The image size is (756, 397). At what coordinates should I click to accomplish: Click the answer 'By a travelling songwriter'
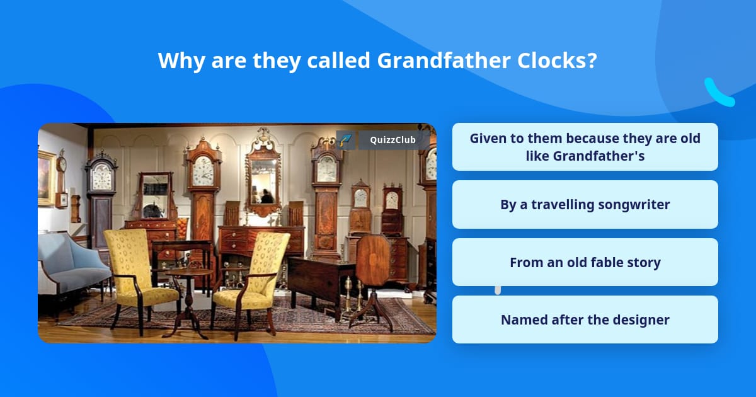[x=585, y=205]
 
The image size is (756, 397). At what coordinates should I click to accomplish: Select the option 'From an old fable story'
[x=585, y=262]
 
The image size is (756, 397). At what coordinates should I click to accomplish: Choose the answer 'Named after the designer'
[x=585, y=319]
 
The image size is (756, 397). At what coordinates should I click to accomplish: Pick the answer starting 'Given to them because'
[x=585, y=147]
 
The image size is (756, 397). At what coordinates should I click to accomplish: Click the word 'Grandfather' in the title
[x=444, y=60]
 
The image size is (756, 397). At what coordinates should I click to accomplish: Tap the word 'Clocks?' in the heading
[x=557, y=60]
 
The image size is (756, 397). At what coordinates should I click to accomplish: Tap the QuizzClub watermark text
[x=392, y=140]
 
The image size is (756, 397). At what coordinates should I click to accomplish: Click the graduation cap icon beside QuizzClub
[x=345, y=140]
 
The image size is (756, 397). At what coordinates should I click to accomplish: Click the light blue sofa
[x=71, y=267]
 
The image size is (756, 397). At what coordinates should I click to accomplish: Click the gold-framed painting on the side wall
[x=47, y=178]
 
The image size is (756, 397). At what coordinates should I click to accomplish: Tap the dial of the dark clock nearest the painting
[x=102, y=176]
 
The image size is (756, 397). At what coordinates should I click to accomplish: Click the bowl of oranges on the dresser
[x=182, y=227]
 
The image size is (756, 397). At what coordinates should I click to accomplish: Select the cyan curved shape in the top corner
[x=719, y=93]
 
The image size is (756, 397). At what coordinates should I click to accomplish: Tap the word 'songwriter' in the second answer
[x=634, y=205]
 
